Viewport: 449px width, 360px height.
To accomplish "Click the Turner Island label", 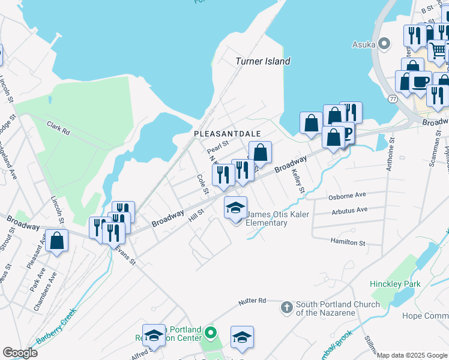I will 262,61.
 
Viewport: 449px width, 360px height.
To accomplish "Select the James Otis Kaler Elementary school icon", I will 235,208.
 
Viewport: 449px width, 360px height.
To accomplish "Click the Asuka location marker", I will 385,44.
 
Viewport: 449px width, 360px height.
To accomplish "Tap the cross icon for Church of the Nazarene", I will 286,307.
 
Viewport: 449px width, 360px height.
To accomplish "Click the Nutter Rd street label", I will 252,300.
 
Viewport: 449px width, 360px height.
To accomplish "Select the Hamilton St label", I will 348,242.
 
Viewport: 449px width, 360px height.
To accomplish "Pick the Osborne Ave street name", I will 347,196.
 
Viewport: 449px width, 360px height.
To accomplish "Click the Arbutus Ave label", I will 349,210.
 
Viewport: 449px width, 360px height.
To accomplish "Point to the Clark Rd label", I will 58,127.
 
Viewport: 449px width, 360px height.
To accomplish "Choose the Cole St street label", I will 202,184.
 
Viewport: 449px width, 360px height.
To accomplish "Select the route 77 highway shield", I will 393,98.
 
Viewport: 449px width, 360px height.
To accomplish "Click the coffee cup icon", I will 421,82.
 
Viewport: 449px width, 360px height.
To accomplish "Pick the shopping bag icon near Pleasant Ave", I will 56,241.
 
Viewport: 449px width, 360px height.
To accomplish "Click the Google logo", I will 20,353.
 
